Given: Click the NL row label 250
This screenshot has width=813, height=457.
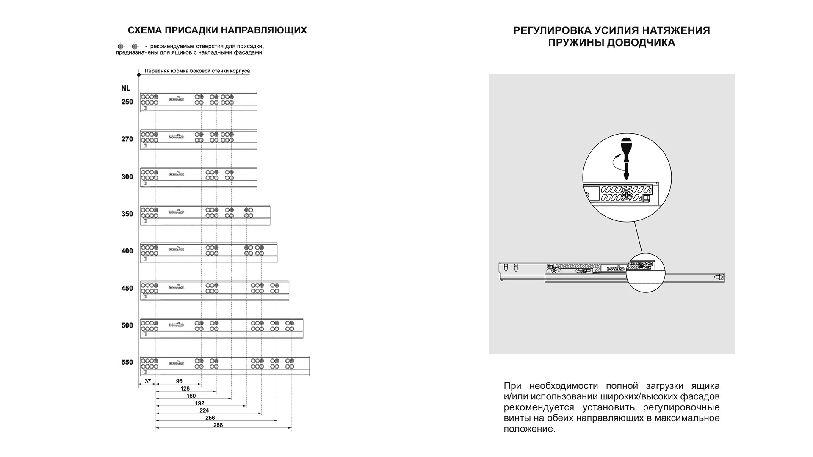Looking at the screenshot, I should tap(127, 102).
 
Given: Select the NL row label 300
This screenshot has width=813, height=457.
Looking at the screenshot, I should tap(127, 177).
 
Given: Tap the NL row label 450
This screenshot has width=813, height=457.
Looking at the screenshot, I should tap(127, 289).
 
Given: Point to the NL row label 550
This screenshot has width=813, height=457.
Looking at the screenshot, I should tap(127, 363).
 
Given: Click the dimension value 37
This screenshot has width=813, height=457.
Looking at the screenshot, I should tap(148, 381).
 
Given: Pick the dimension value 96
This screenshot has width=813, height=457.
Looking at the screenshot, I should tap(179, 381).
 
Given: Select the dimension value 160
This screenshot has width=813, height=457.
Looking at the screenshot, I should tap(191, 396).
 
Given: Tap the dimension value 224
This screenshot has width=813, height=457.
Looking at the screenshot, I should tap(204, 410).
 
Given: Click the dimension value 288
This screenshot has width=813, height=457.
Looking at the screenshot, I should tap(218, 425).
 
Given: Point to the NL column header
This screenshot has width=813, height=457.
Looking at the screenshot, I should tap(126, 88).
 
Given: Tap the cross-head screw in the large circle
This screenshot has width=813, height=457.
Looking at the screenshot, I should tap(626, 195).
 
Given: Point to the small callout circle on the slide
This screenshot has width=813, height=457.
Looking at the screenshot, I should tap(645, 273).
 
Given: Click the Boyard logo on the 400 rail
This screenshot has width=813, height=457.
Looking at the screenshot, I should tap(176, 249).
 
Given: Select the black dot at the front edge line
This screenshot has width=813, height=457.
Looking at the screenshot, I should tap(139, 75).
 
